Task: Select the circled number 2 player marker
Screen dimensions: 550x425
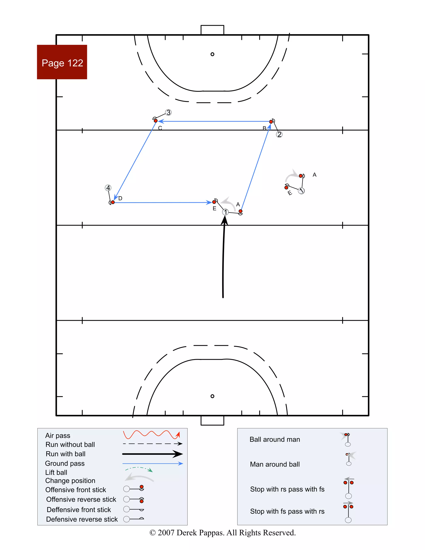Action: tap(279, 134)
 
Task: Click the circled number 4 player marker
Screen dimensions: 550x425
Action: tap(108, 188)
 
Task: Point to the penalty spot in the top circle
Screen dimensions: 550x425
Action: tap(212, 54)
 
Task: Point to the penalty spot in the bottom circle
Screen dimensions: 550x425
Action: tap(212, 396)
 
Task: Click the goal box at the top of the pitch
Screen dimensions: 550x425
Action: tap(212, 30)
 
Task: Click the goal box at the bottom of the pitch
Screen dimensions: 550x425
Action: tap(212, 421)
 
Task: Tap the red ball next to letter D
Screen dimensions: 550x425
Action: tap(113, 202)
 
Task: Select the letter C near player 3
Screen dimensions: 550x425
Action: tap(160, 128)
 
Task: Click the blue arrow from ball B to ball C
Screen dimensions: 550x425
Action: tap(214, 121)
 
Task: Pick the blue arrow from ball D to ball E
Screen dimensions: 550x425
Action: tap(161, 202)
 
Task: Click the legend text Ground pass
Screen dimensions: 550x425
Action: tap(65, 463)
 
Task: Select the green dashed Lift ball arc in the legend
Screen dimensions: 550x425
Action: tap(139, 469)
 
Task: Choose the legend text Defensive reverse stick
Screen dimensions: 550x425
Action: tap(82, 519)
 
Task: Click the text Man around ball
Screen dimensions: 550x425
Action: tap(275, 464)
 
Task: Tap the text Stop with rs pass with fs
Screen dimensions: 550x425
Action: tap(287, 489)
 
